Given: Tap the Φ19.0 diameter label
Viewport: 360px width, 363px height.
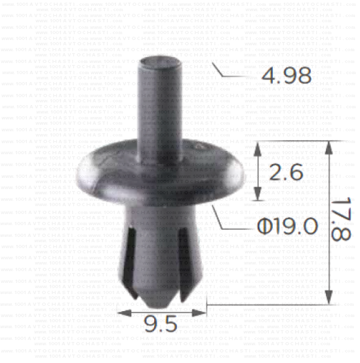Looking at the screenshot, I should point(287,226).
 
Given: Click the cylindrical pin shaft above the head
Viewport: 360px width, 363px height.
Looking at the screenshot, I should point(161,108).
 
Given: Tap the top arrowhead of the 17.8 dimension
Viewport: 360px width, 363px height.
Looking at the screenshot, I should point(329,147).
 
